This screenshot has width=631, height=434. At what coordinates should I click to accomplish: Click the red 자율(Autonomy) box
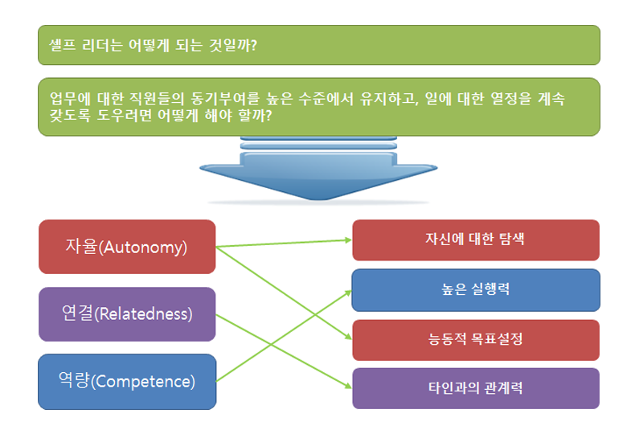tap(127, 247)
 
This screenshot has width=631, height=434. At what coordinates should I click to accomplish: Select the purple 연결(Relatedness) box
tap(127, 314)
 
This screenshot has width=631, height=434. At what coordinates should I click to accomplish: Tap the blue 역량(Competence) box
tap(127, 382)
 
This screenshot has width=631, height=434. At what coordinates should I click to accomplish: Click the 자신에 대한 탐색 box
tap(476, 240)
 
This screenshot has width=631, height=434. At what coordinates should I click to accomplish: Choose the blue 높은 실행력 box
tap(476, 290)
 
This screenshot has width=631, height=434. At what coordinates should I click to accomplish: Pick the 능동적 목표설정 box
tap(476, 340)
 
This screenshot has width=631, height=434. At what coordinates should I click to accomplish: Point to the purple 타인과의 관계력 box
tap(476, 388)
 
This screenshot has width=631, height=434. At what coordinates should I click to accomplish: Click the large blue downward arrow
tap(318, 169)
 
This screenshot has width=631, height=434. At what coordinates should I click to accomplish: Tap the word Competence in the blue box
tap(143, 382)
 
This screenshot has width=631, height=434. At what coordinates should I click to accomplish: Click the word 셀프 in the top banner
tap(62, 45)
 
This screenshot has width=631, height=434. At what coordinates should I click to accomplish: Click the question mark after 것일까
tap(253, 45)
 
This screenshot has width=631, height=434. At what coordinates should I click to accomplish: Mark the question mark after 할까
tap(268, 116)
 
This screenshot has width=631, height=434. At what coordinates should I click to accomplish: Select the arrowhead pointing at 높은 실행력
tap(348, 293)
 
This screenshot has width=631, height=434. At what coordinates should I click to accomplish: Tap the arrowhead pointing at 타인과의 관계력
tap(348, 386)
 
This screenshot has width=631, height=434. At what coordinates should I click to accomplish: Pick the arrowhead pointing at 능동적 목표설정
tap(348, 336)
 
